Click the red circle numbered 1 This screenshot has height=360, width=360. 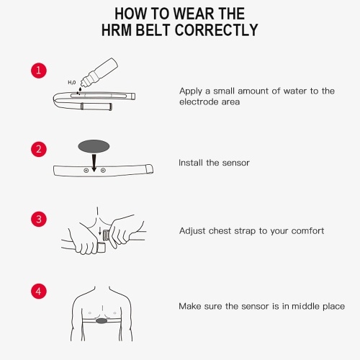[x=39, y=71]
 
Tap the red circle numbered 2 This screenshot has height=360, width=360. [x=39, y=149]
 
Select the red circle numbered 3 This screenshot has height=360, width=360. [x=39, y=219]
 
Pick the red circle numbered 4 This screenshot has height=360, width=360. [x=39, y=292]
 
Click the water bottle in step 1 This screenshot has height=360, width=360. [x=99, y=72]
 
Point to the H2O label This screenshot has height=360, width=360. [x=72, y=83]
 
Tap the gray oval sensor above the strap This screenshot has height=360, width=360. [x=94, y=146]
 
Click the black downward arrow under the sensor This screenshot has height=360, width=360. [x=94, y=163]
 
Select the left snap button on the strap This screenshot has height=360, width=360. [x=86, y=171]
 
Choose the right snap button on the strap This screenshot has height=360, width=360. [x=103, y=171]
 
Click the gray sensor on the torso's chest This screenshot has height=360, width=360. [x=102, y=320]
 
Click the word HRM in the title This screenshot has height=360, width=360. [x=117, y=30]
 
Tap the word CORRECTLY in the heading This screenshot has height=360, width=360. [x=216, y=30]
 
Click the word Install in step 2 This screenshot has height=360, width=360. [x=191, y=163]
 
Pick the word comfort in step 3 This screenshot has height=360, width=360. [x=307, y=231]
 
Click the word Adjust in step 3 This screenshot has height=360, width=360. [x=192, y=231]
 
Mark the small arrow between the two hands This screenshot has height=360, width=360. [x=100, y=230]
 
